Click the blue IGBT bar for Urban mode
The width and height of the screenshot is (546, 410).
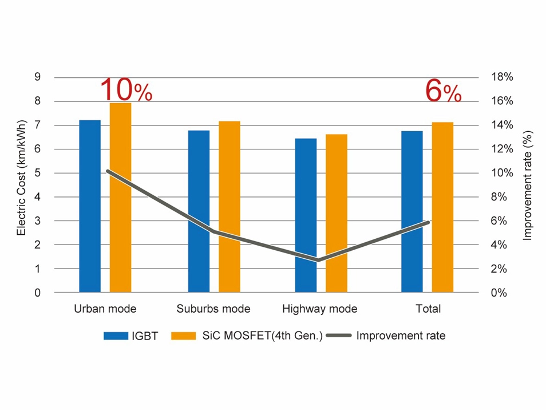tap(90, 206)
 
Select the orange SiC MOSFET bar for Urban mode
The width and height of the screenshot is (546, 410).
tap(120, 198)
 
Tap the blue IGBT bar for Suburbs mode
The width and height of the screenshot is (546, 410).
tap(199, 211)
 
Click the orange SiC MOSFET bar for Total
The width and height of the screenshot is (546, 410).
tap(442, 207)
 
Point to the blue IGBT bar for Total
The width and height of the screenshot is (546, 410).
tap(412, 211)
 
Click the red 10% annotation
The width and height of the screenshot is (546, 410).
tap(126, 90)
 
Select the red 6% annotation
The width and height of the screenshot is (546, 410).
tap(443, 92)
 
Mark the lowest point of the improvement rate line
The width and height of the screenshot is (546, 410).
tap(318, 260)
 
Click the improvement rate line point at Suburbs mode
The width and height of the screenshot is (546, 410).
tap(211, 231)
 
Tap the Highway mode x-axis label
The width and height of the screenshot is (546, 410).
tap(319, 309)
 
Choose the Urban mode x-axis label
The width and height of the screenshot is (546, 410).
tap(105, 309)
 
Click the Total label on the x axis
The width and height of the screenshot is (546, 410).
tap(428, 309)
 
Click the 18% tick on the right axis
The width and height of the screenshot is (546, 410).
tap(502, 77)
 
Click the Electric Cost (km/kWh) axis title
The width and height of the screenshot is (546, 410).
tap(21, 178)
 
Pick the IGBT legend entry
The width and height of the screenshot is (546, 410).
tap(130, 336)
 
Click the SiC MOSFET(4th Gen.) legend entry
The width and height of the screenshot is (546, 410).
tap(247, 336)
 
